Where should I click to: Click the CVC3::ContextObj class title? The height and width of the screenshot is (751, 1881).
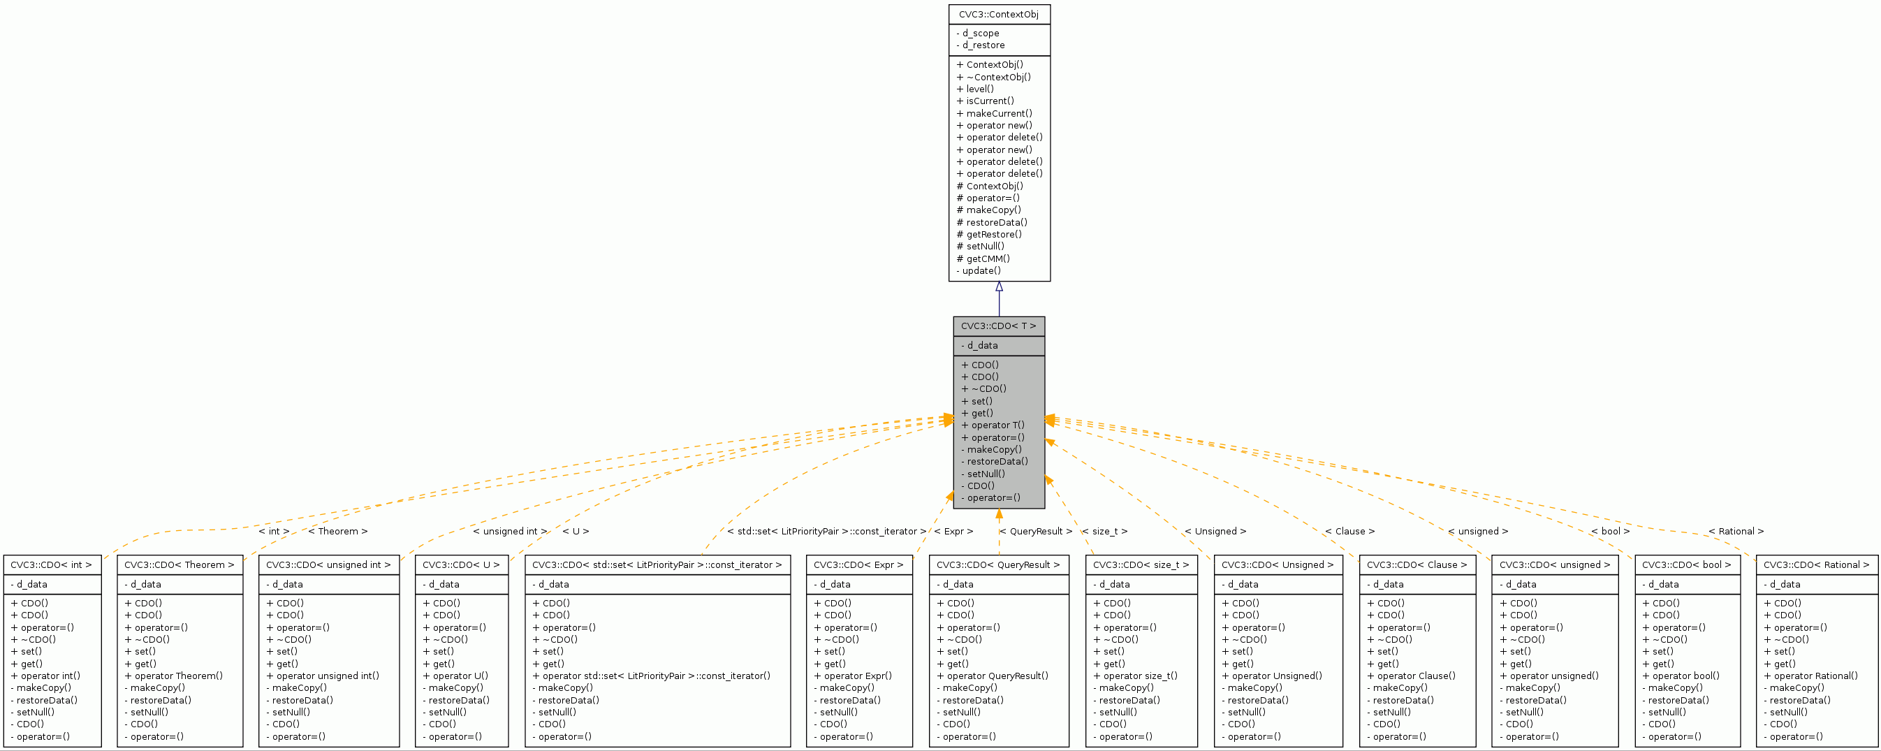tap(998, 15)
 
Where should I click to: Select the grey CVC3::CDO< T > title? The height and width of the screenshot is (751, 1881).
tap(998, 326)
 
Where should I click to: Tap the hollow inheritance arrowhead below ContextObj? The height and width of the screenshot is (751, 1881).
tap(999, 287)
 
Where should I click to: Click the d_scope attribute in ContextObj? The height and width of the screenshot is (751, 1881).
tap(980, 33)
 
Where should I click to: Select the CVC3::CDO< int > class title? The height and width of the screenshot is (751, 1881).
tap(51, 564)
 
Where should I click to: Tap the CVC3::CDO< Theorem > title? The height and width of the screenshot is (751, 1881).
tap(179, 564)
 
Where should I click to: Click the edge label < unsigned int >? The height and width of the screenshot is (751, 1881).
tap(510, 531)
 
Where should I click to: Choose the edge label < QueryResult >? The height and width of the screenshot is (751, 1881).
tap(1035, 531)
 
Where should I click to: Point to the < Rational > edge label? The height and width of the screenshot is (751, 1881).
tap(1736, 531)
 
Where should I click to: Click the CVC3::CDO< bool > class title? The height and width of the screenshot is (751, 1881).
tap(1686, 564)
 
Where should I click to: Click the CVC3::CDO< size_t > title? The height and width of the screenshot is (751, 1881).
tap(1141, 564)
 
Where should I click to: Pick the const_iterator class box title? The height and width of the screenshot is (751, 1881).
tap(657, 564)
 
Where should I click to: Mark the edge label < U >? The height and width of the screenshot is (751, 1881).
tap(576, 531)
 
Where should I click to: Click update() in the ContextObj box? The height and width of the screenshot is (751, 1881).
tap(981, 270)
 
